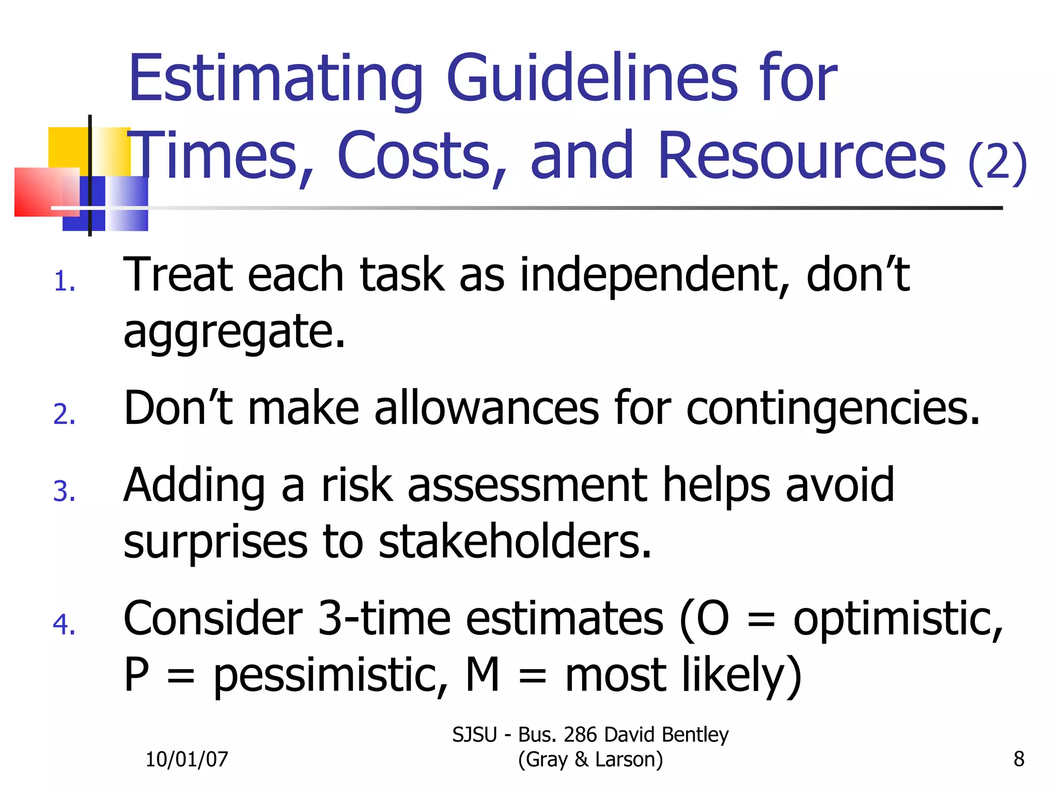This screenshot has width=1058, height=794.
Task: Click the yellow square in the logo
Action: [x=68, y=147]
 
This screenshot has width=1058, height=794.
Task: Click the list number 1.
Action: [x=64, y=282]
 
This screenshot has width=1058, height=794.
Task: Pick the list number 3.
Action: [x=64, y=491]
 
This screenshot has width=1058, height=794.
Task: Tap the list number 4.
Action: [x=64, y=624]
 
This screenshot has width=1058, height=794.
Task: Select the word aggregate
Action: [x=234, y=332]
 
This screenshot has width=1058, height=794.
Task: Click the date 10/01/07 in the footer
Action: [x=186, y=759]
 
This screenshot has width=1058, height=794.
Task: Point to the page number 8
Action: [x=1019, y=759]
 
